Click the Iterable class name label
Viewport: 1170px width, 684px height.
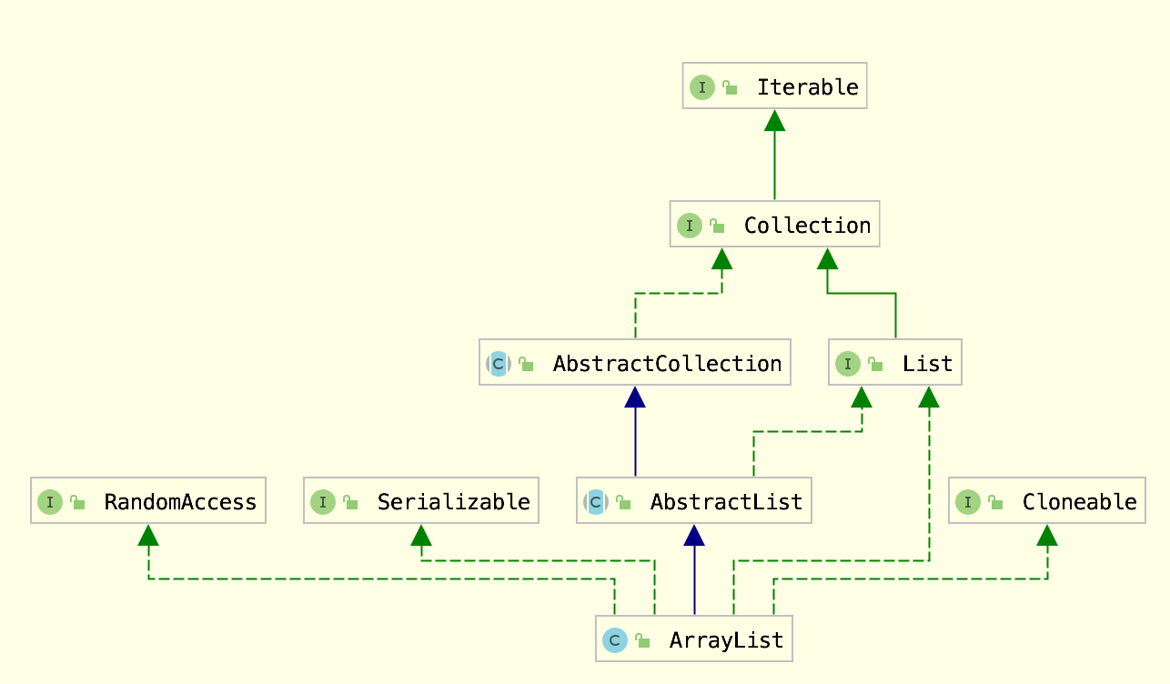pyautogui.click(x=808, y=87)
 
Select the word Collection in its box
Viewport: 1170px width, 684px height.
pyautogui.click(x=808, y=226)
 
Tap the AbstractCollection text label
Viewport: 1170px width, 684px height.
pyautogui.click(x=667, y=364)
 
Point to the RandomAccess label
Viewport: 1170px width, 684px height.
pyautogui.click(x=180, y=502)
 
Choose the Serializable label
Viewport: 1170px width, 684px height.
pyautogui.click(x=453, y=502)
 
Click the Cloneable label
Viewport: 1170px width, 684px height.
pyautogui.click(x=1080, y=502)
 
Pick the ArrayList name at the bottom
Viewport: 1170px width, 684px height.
pyautogui.click(x=726, y=640)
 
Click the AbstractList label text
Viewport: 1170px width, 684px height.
pyautogui.click(x=726, y=502)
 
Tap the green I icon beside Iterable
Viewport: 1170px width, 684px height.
pyautogui.click(x=702, y=87)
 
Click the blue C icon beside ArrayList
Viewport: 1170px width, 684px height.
pyautogui.click(x=615, y=640)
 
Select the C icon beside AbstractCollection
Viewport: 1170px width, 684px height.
pyautogui.click(x=499, y=364)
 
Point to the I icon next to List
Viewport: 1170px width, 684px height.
pyautogui.click(x=848, y=364)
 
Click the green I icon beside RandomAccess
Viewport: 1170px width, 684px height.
pyautogui.click(x=50, y=502)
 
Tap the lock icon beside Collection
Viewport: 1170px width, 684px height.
pyautogui.click(x=717, y=226)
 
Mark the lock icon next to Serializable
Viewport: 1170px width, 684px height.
pyautogui.click(x=350, y=502)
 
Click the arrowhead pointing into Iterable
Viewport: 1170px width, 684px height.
pyautogui.click(x=774, y=121)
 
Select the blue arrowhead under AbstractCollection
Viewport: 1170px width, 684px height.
pyautogui.click(x=635, y=397)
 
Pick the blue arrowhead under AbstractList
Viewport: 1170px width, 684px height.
pyautogui.click(x=694, y=535)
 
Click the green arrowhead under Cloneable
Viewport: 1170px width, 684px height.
pyautogui.click(x=1047, y=535)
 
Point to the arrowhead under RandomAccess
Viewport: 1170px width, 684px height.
pyautogui.click(x=148, y=535)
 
